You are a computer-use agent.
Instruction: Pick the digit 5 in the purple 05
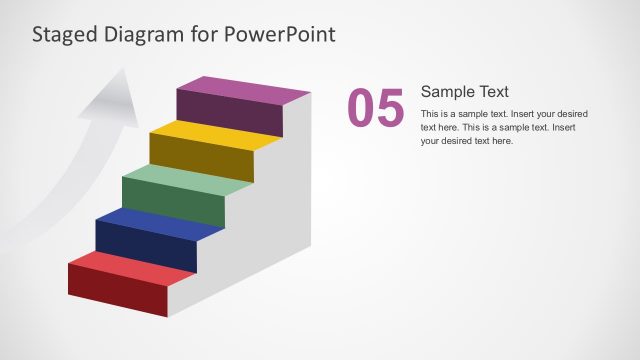390,109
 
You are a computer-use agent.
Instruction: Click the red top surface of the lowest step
130,266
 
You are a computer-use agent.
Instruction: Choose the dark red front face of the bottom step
117,291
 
